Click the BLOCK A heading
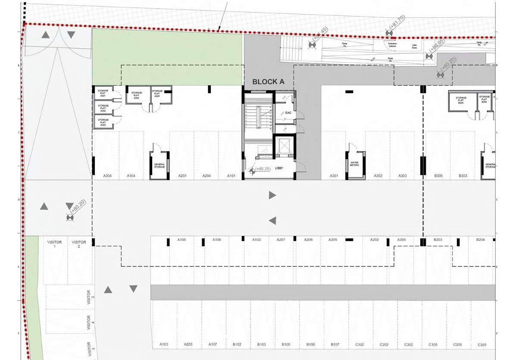tap(268, 81)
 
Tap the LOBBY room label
tap(278, 168)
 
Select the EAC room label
tap(288, 113)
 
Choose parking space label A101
tap(231, 176)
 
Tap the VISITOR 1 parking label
tap(55, 244)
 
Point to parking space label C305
tap(482, 344)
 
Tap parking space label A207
tap(281, 240)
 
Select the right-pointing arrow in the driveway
tap(272, 195)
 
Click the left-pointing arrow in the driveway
tap(272, 221)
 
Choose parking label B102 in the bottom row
tap(237, 344)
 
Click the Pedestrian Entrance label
tap(392, 44)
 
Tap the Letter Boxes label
tap(415, 46)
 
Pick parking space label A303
tap(403, 176)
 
